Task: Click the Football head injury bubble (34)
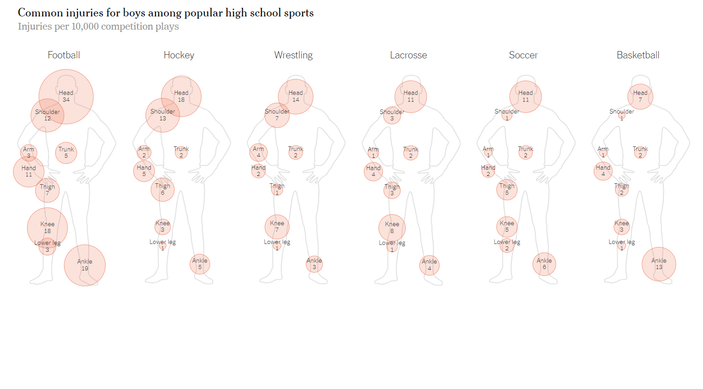pos(66,96)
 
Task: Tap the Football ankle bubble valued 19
pos(85,265)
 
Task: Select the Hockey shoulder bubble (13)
pos(163,115)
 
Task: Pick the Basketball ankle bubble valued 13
pos(659,264)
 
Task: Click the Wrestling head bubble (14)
pos(296,96)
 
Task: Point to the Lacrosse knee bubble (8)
pos(392,227)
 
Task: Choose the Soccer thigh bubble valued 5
pos(507,189)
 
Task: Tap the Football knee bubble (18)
pos(47,227)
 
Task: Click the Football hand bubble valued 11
pos(29,171)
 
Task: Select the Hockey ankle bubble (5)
pos(200,264)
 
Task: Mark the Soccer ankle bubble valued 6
pos(544,264)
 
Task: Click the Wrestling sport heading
pos(293,55)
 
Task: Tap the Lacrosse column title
pos(408,55)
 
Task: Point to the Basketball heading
pos(638,55)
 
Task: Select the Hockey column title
pos(179,55)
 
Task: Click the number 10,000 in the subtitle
pos(85,26)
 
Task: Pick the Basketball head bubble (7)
pos(640,96)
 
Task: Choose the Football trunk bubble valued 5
pos(66,152)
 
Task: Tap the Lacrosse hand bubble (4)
pos(373,171)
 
